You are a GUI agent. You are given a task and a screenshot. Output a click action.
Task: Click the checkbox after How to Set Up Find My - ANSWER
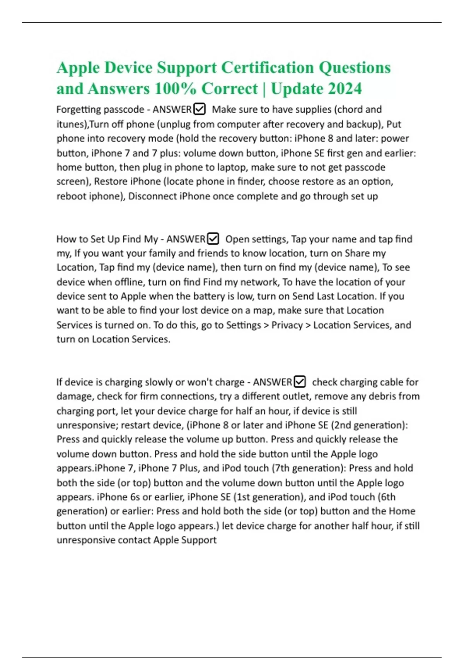[213, 239]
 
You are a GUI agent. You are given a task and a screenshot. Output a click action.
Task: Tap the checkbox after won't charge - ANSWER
[300, 382]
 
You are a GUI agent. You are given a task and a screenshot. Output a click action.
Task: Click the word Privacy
[287, 325]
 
